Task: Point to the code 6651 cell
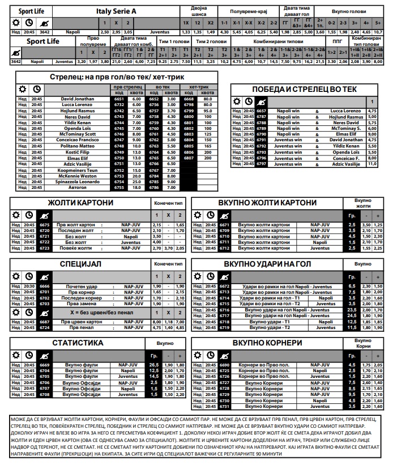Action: pos(119,99)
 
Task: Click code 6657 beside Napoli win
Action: pos(261,111)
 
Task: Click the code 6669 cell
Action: pos(45,365)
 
